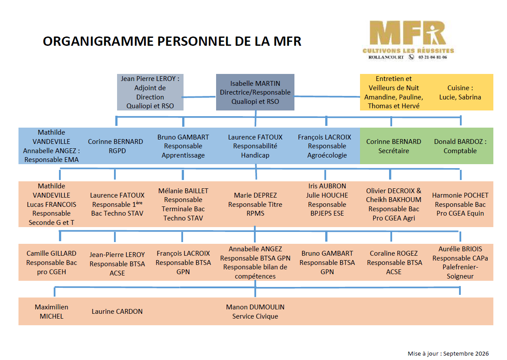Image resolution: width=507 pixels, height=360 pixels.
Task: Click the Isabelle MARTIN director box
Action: coord(255,92)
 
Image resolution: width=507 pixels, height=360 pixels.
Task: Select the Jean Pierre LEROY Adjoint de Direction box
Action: coord(150,92)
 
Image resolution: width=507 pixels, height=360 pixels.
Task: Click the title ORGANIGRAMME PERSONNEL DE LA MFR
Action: coord(172,41)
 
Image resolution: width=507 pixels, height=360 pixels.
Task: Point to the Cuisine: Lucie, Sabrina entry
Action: coord(460,92)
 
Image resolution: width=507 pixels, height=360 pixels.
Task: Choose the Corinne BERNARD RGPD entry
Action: coord(115,146)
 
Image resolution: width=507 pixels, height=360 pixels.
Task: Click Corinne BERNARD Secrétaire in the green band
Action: coord(393,146)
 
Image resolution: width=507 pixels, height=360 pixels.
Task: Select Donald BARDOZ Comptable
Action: coord(460,146)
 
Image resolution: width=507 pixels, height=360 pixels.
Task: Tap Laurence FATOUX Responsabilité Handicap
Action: coord(255,146)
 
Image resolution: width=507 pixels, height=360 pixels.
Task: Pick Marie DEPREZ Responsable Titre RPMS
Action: coord(255,204)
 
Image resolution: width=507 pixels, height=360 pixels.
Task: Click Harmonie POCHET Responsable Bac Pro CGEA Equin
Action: coord(460,204)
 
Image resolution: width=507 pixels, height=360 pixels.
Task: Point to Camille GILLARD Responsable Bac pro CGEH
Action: coord(51,262)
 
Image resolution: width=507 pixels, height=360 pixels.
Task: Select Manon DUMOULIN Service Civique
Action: coord(255,312)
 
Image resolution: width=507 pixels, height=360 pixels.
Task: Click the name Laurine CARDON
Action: coord(117,312)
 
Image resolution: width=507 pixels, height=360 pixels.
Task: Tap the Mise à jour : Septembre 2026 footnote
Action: coord(448,353)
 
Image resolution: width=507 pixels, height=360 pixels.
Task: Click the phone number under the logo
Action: coord(433,57)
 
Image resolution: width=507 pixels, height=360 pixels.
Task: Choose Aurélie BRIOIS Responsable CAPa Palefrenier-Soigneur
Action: coord(460,262)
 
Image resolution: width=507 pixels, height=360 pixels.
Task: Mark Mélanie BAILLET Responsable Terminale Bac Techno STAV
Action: coord(183,204)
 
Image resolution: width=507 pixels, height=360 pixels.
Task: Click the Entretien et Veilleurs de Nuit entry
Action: coord(393,92)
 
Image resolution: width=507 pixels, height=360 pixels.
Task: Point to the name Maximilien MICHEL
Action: coord(51,312)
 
